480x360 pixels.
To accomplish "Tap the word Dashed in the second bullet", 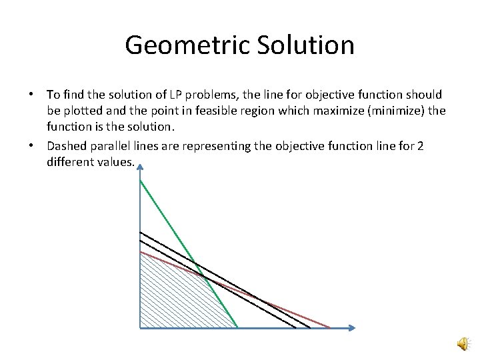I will [67, 147].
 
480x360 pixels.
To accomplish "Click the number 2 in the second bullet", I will [420, 147].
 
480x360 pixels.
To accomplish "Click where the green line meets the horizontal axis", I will [237, 327].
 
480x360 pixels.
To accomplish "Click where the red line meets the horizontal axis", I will [329, 327].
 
